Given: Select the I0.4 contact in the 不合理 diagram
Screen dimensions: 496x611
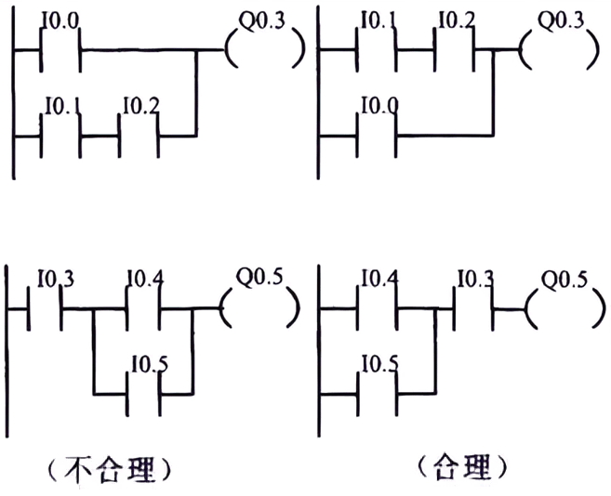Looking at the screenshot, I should [143, 305].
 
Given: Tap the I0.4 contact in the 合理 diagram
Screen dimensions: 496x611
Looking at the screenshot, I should [378, 305].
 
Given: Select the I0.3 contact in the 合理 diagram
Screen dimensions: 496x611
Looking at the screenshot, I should [472, 305].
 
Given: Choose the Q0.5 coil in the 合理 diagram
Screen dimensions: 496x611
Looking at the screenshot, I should [558, 305].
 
